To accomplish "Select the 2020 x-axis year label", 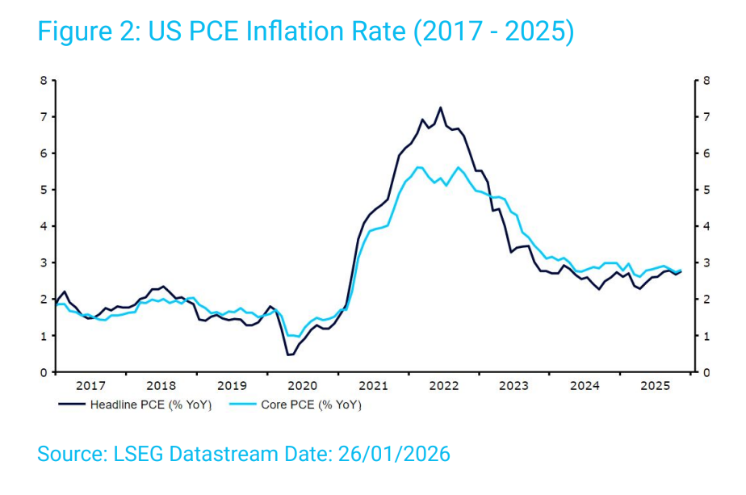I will [x=303, y=385].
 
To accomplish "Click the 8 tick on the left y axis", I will [x=44, y=81].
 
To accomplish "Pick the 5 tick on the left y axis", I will [x=44, y=190].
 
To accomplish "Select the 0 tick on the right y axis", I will [x=707, y=372].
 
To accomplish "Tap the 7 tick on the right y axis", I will [x=707, y=117].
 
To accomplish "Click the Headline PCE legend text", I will [x=151, y=405].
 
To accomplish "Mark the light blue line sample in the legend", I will [x=241, y=405].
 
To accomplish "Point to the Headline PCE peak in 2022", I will [x=440, y=107].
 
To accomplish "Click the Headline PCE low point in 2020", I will [x=288, y=354].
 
